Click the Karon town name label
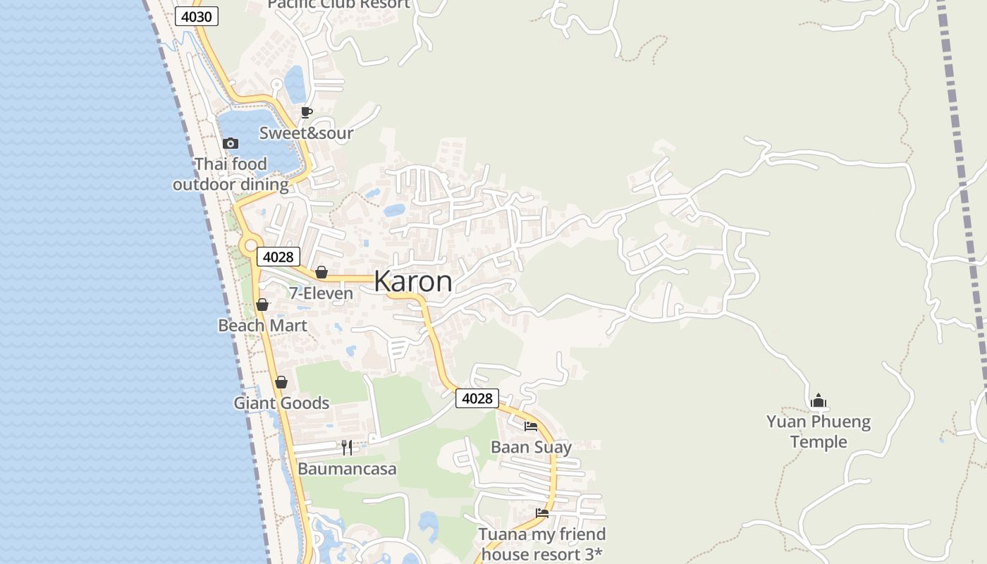[413, 281]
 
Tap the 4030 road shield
[197, 16]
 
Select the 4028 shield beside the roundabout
[278, 257]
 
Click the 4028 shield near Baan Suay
[477, 398]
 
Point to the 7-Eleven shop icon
[321, 272]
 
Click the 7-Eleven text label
[321, 293]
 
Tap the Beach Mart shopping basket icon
[262, 305]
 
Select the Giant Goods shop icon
[281, 382]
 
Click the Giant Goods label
[281, 403]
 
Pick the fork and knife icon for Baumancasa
[346, 447]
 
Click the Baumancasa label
[347, 469]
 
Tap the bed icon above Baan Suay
[531, 426]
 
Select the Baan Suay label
[531, 447]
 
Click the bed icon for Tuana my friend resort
[541, 513]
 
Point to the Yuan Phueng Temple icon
[818, 400]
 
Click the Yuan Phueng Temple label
[818, 431]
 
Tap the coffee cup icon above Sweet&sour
[306, 112]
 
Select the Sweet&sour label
[306, 133]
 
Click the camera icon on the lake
[230, 143]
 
